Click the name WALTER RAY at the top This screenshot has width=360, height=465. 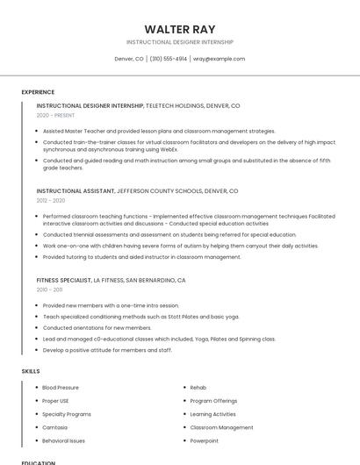point(179,29)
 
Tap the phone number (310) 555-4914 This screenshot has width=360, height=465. point(169,59)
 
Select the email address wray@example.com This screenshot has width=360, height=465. point(219,59)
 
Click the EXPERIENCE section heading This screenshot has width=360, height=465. point(38,92)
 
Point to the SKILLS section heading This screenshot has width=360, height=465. point(31,371)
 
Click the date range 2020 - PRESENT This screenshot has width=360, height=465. point(55,115)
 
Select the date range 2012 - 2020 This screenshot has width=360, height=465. point(51,200)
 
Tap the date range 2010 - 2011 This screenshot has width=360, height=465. point(49,289)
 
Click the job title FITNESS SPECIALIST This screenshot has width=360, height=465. point(63,280)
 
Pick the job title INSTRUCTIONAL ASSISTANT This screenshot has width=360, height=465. point(76,190)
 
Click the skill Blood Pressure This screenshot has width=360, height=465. point(61,387)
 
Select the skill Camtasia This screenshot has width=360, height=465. point(54,427)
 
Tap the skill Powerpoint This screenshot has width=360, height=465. point(205,440)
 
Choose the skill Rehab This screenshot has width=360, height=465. point(198,387)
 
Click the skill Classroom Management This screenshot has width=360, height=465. point(221,427)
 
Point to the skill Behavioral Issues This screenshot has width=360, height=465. point(63,440)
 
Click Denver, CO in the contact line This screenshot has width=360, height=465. point(129,59)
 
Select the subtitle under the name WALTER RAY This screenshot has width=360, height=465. point(179,42)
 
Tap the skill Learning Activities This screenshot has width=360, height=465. point(212,414)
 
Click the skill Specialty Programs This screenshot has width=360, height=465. point(67,414)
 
